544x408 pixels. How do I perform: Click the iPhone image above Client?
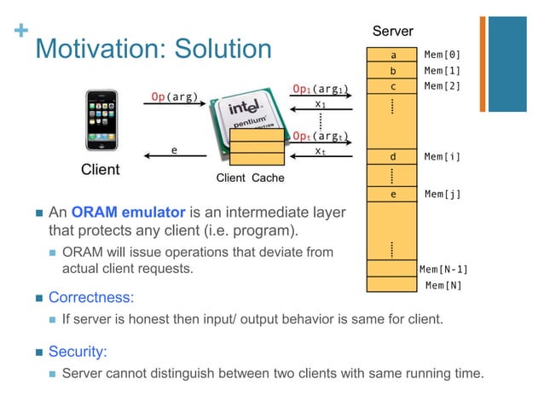point(101,122)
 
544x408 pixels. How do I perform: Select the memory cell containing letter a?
point(392,54)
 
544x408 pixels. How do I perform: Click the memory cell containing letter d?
point(392,157)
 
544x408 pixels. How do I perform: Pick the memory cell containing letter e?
point(392,194)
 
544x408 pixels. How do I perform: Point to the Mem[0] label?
point(442,54)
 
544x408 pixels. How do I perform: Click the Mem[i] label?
point(442,157)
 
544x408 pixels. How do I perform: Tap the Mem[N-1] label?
point(443,270)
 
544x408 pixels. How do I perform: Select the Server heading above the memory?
point(393,32)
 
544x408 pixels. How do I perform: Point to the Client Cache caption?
point(250,178)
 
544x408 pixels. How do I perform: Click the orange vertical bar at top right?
point(483,64)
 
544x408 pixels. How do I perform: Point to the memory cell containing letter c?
point(392,86)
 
